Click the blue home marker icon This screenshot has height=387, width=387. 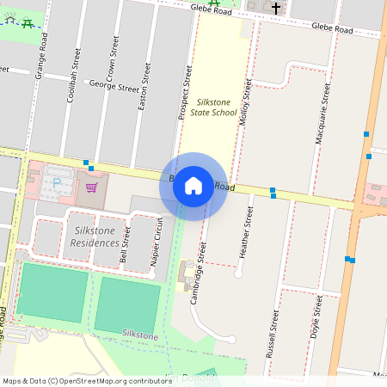[193, 186]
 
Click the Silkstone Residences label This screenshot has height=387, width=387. [95, 236]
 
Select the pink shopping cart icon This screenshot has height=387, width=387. [91, 186]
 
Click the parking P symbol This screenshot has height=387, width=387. [58, 183]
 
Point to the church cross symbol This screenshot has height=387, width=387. [276, 9]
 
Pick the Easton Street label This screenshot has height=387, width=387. [144, 86]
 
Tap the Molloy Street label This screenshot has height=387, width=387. [246, 103]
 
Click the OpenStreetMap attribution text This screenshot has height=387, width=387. [87, 380]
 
